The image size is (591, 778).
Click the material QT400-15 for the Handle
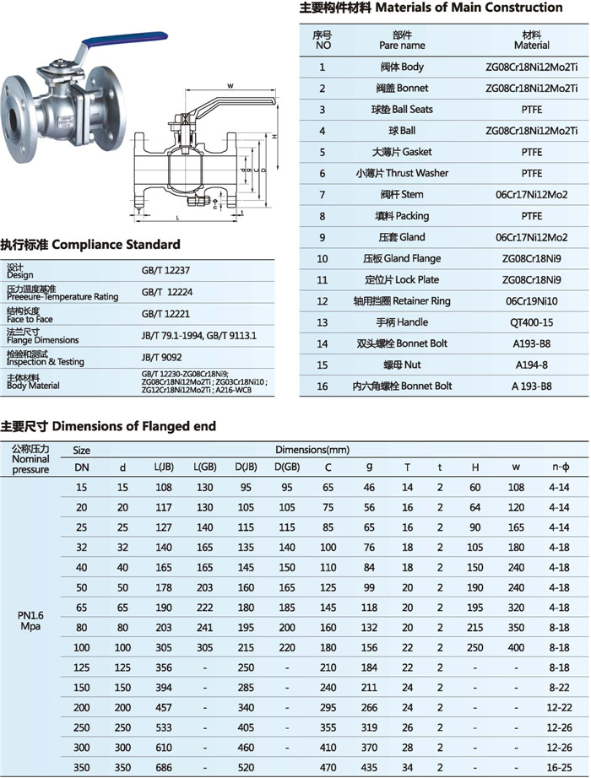[531, 322]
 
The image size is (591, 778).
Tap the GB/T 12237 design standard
[161, 272]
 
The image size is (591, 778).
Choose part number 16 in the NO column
[322, 386]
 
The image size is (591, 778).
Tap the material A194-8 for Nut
[531, 365]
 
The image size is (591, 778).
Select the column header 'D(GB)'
[286, 467]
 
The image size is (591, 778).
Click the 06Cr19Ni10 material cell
[531, 301]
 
